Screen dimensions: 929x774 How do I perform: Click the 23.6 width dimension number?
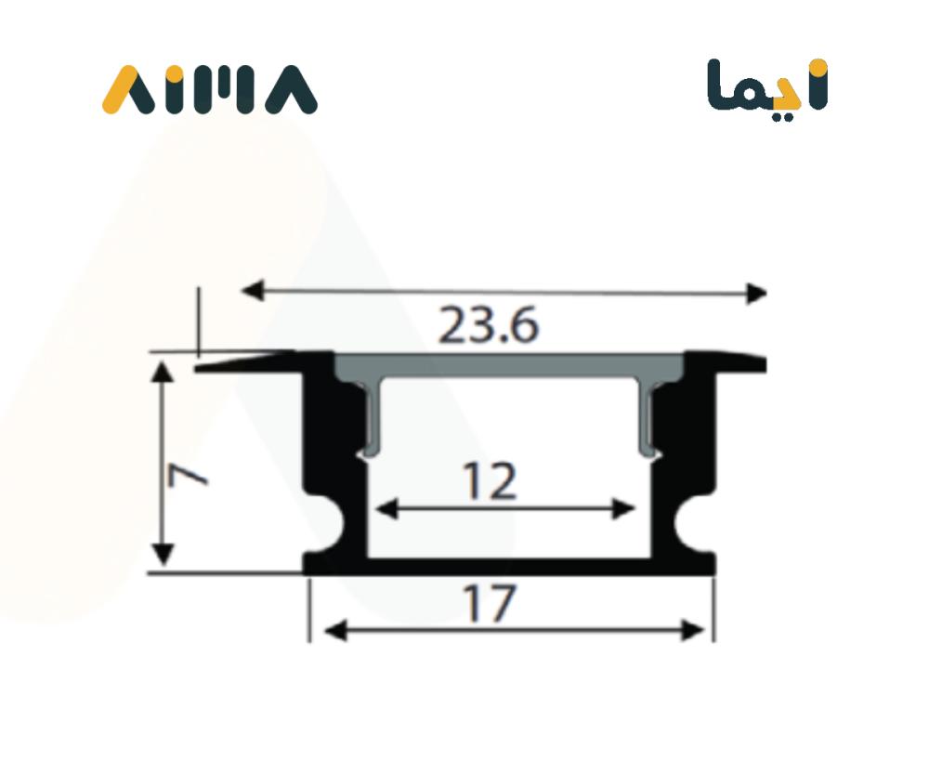coord(489,325)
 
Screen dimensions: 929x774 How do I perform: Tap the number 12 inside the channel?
coord(490,481)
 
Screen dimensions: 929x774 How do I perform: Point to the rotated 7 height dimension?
coord(188,474)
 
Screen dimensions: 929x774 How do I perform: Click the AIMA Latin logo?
coord(210,89)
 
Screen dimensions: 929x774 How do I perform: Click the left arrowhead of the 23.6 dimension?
coord(252,291)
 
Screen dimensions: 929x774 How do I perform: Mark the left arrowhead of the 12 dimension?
coord(386,508)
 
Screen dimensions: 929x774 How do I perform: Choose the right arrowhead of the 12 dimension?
coord(623,509)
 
